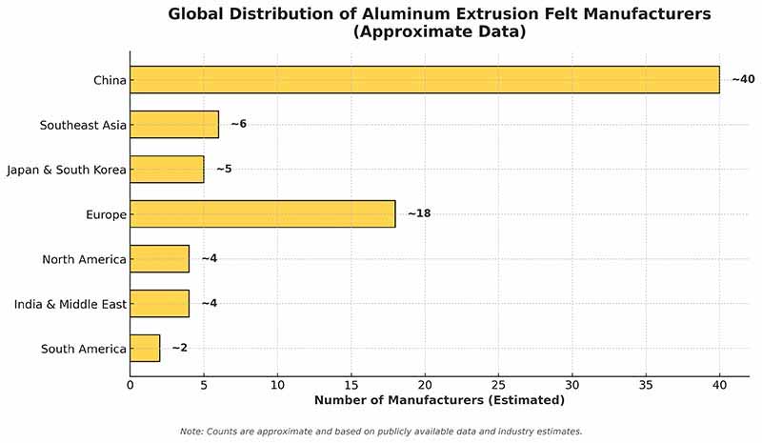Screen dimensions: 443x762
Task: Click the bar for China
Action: tap(424, 80)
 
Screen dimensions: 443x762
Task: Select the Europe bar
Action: tap(262, 214)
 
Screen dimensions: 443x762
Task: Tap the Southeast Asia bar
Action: tap(174, 125)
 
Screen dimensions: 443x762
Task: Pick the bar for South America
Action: tap(145, 349)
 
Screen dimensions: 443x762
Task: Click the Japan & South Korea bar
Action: tap(167, 170)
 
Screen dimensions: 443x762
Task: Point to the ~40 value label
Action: tap(742, 79)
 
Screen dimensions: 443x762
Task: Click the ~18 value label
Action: tap(419, 214)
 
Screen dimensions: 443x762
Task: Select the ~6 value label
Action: tap(238, 125)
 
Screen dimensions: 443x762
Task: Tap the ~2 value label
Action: tap(179, 349)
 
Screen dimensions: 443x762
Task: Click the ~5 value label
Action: tap(224, 170)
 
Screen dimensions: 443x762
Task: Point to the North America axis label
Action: tap(84, 259)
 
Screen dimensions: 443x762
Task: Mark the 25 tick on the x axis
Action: tap(498, 385)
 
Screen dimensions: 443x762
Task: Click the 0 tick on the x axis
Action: tap(130, 385)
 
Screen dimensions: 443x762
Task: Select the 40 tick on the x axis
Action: tap(719, 385)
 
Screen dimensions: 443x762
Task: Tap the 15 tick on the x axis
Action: tap(351, 385)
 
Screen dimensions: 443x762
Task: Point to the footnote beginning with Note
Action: tap(380, 432)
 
